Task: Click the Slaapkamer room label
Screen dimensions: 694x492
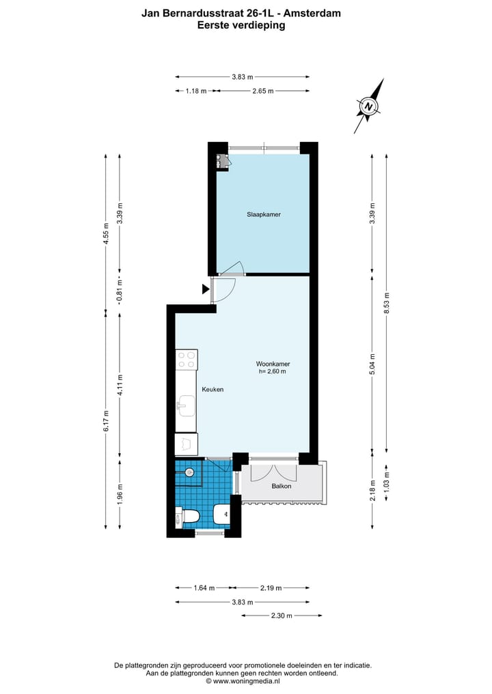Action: [x=264, y=214]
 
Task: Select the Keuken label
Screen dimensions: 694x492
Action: [x=213, y=389]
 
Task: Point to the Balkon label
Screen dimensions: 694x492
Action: [x=281, y=486]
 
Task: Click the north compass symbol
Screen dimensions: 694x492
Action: [x=370, y=106]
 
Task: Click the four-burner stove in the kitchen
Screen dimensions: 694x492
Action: [x=187, y=360]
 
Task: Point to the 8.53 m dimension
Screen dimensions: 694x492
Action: [x=387, y=307]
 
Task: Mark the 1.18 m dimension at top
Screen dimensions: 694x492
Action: [x=195, y=91]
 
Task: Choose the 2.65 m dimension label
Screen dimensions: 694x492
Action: [x=262, y=91]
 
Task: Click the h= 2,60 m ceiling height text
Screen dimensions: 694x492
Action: [x=272, y=372]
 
